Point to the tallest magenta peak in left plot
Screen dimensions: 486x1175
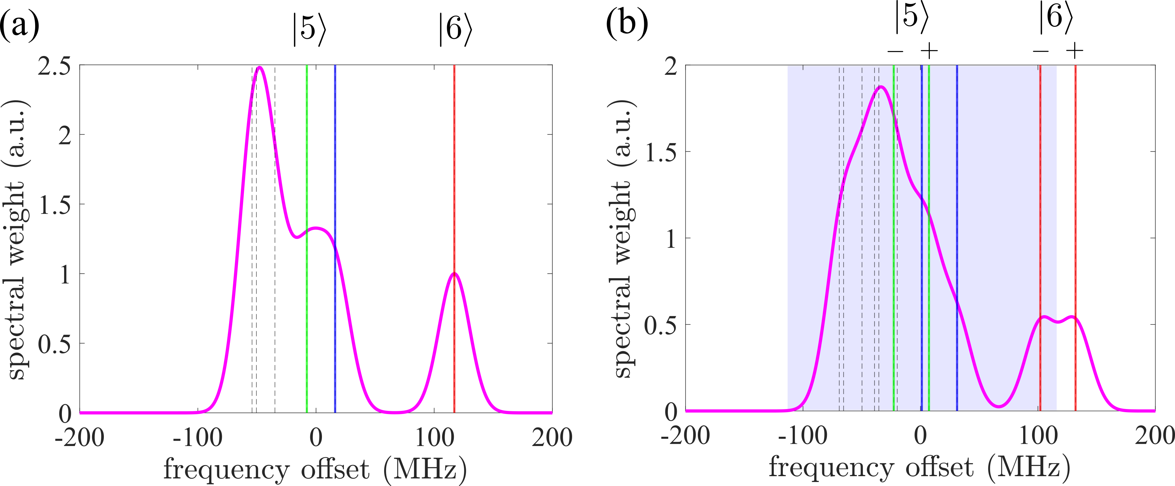coord(259,68)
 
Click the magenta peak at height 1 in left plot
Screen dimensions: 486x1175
coord(454,274)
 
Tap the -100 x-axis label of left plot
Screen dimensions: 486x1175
coord(197,438)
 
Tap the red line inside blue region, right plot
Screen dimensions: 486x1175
coord(1040,182)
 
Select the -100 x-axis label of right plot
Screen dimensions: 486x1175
coord(803,437)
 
